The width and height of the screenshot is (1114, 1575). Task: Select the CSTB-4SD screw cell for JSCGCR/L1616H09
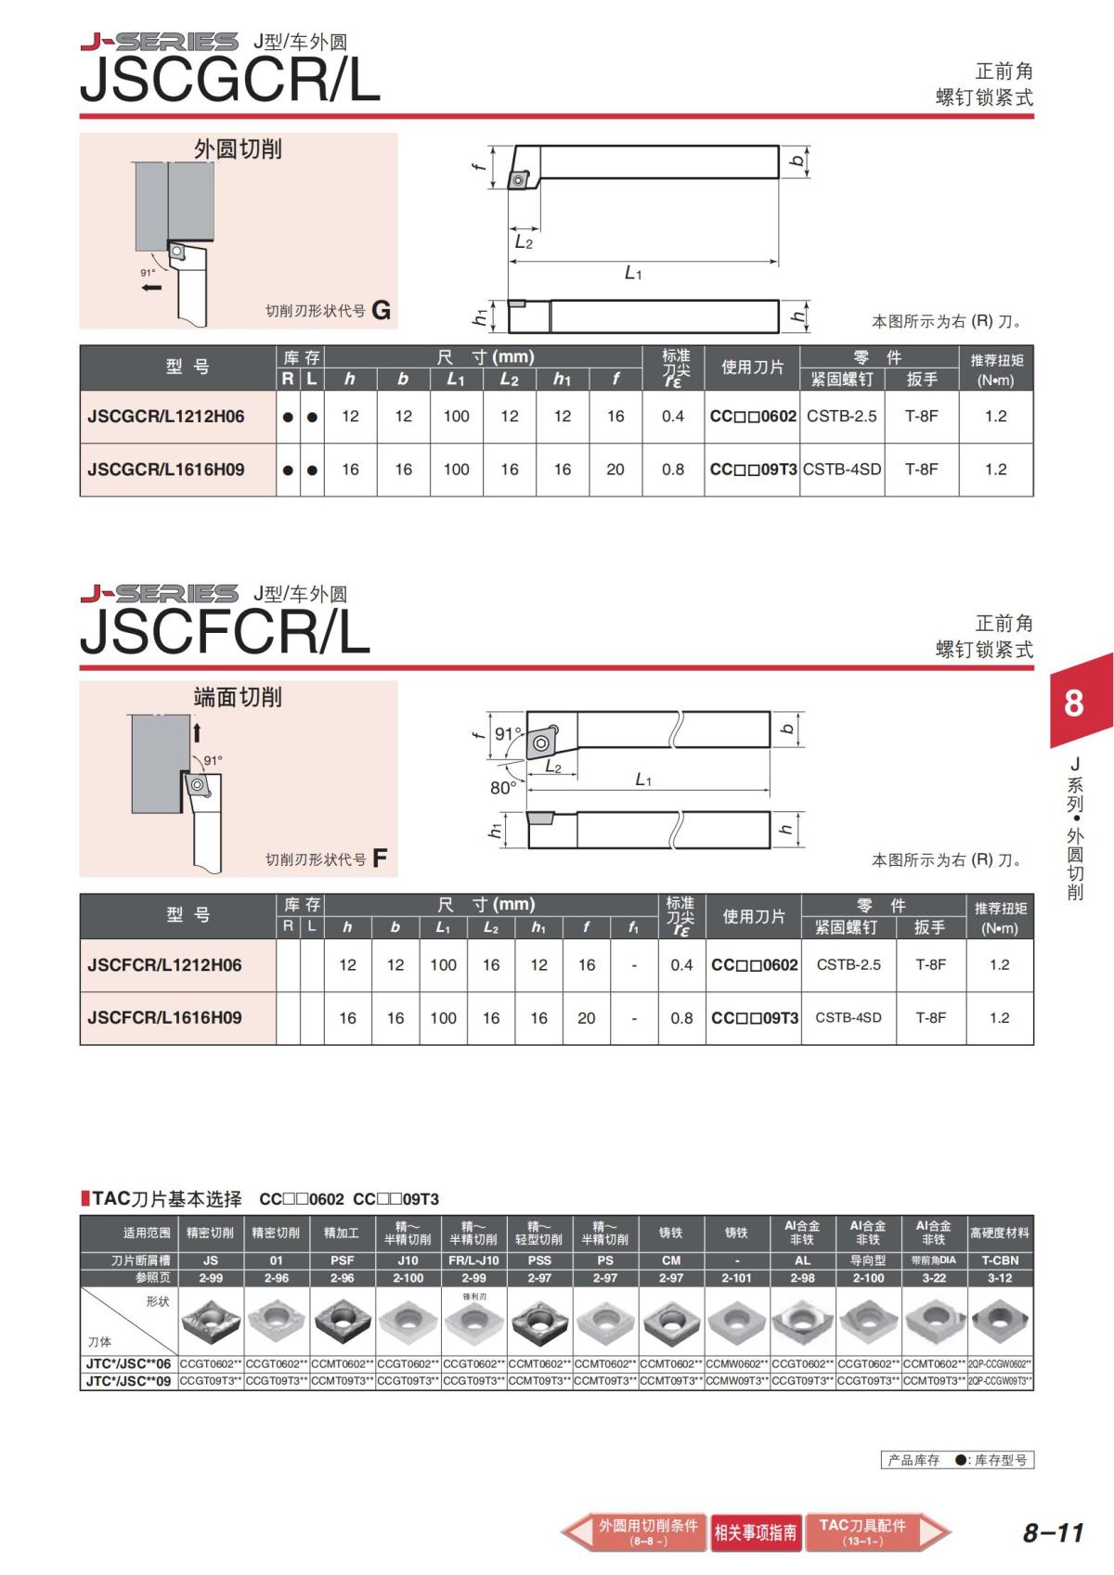click(x=842, y=469)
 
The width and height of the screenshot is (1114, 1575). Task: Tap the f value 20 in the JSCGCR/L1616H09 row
click(x=615, y=469)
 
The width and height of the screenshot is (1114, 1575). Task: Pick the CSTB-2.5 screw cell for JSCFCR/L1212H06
click(x=848, y=964)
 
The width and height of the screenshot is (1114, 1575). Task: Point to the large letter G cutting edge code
click(x=382, y=309)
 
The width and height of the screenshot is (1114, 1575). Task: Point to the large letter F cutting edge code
click(x=380, y=858)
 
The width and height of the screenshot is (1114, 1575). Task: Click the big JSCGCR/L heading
click(x=230, y=80)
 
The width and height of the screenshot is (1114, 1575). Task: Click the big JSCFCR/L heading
click(x=225, y=631)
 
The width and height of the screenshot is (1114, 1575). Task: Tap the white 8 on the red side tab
click(x=1073, y=704)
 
